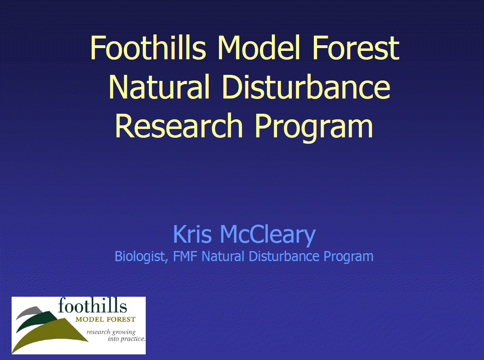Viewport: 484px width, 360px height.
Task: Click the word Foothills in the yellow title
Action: click(149, 48)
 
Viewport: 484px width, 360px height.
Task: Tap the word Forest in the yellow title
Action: click(356, 48)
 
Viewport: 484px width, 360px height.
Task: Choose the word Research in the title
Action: click(179, 126)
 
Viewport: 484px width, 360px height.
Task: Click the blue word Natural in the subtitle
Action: click(223, 256)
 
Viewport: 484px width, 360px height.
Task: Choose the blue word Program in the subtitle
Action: click(348, 257)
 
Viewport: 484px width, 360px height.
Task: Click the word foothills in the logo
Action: click(92, 306)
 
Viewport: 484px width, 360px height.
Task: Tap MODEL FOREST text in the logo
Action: click(105, 320)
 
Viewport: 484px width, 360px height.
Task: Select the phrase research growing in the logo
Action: click(111, 332)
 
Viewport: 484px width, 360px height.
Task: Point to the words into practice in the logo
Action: click(126, 339)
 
